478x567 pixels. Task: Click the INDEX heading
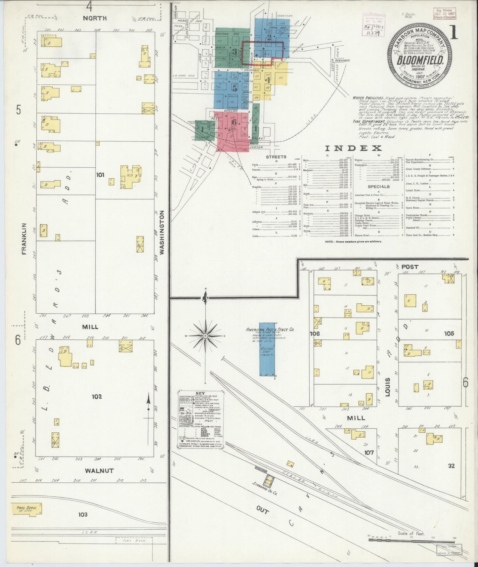353,148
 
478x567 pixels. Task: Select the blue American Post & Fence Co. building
267,350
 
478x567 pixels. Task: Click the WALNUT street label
99,471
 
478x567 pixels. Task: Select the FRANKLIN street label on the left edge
24,239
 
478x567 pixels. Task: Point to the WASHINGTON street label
162,232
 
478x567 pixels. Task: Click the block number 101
100,174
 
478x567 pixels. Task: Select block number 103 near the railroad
83,514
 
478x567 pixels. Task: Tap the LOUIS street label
388,387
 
